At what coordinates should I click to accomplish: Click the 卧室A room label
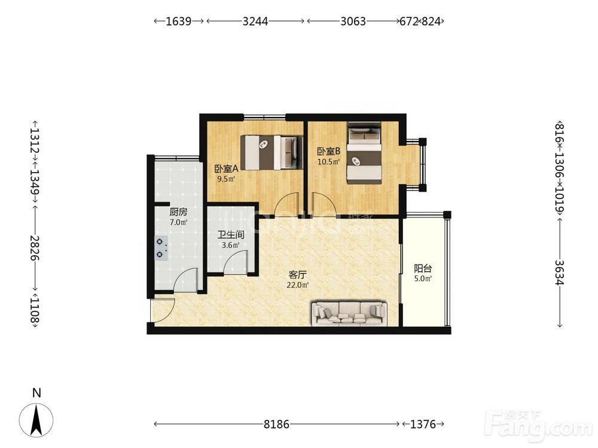pos(226,168)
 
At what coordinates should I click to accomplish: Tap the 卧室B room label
pos(328,151)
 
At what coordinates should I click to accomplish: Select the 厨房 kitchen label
pos(178,212)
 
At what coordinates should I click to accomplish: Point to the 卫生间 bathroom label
pos(231,235)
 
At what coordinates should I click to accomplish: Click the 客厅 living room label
pos(298,275)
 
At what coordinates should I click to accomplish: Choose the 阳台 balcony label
pos(423,269)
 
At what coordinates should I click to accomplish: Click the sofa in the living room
pos(349,314)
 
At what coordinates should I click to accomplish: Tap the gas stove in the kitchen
pos(160,248)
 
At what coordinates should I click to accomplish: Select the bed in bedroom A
pos(271,152)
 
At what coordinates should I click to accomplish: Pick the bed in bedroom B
pos(364,153)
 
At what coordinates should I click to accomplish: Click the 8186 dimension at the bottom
pos(276,424)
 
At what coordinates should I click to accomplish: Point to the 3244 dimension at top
pos(255,21)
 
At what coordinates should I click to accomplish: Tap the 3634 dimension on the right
pos(559,272)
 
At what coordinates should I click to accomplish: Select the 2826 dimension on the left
pos(35,248)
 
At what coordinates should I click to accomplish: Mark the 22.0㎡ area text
pos(298,284)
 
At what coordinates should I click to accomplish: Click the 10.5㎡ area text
pos(328,161)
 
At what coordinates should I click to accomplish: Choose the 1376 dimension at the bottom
pos(423,424)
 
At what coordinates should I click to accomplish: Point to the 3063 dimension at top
pos(353,21)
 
